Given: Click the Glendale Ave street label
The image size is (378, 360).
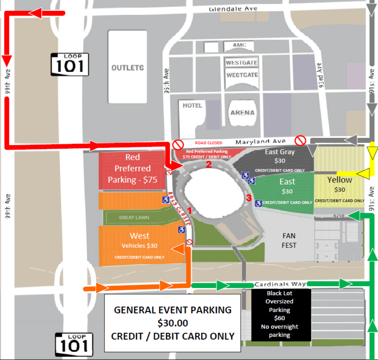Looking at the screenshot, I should click(x=233, y=9).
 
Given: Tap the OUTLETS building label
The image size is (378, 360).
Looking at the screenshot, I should click(x=128, y=68).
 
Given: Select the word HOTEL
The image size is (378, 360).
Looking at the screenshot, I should click(x=192, y=105).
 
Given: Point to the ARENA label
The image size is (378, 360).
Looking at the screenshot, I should click(x=243, y=112).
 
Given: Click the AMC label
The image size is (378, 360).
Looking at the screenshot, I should click(x=239, y=46).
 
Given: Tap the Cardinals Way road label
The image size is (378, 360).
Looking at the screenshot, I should click(x=280, y=284).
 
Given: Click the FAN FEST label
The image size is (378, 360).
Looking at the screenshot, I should click(x=289, y=241).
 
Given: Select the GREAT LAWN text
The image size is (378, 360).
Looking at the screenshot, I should click(x=134, y=218).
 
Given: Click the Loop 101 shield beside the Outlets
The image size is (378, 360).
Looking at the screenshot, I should click(x=69, y=64).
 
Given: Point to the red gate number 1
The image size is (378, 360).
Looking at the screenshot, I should click(x=190, y=210).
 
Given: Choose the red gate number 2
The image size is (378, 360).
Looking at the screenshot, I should click(x=209, y=164).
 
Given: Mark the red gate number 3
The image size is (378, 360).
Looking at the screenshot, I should click(x=248, y=198).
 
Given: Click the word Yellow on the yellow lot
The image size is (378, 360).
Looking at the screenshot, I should click(x=340, y=180).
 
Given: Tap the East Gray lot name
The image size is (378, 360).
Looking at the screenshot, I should click(x=280, y=152).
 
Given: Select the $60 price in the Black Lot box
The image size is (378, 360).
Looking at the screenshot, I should click(x=279, y=318).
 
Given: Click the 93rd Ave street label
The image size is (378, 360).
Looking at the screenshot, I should click(x=320, y=72).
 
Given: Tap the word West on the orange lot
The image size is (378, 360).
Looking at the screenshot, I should click(x=139, y=236).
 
